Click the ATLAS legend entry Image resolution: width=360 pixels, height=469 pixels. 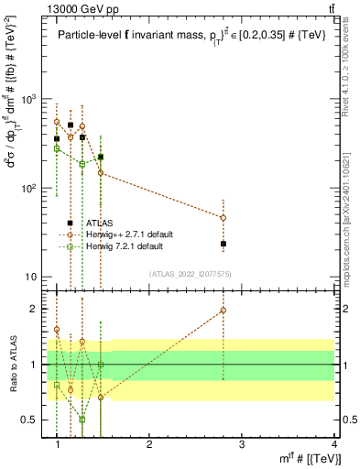[98, 223]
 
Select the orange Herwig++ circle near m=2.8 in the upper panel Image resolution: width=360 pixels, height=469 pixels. [224, 218]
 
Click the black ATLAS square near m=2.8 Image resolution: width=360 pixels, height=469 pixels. [224, 244]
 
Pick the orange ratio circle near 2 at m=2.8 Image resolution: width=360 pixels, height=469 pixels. [224, 311]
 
